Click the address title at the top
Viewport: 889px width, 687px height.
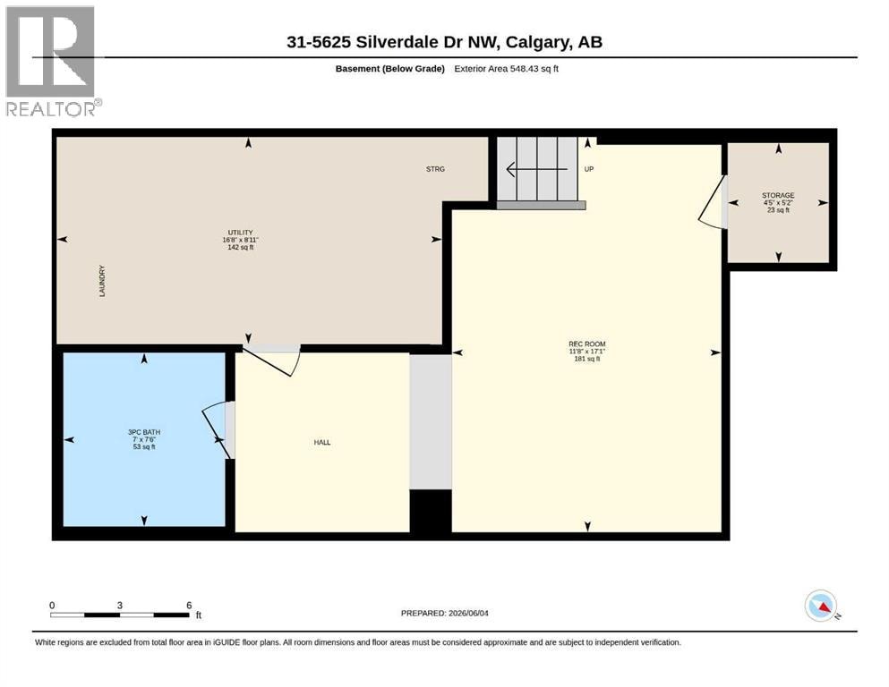[x=444, y=42]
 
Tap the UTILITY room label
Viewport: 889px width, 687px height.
[x=241, y=240]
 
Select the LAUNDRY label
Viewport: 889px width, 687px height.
[x=102, y=281]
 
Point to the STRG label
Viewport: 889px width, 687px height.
[x=435, y=169]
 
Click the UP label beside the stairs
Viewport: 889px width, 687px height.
[x=589, y=169]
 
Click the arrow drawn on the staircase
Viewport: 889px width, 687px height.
[x=536, y=169]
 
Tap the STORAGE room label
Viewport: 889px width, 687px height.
[x=778, y=202]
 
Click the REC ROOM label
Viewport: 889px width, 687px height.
[x=586, y=352]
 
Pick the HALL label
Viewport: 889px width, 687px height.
[x=322, y=442]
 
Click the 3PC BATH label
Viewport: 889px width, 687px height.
[x=144, y=439]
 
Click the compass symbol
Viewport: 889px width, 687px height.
[x=822, y=606]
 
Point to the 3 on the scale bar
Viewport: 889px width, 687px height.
[x=120, y=606]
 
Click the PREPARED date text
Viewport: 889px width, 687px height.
[x=444, y=613]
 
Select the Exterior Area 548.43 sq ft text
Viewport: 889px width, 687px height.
[x=507, y=69]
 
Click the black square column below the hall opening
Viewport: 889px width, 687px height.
[x=431, y=511]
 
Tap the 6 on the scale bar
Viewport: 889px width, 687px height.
[x=190, y=606]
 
